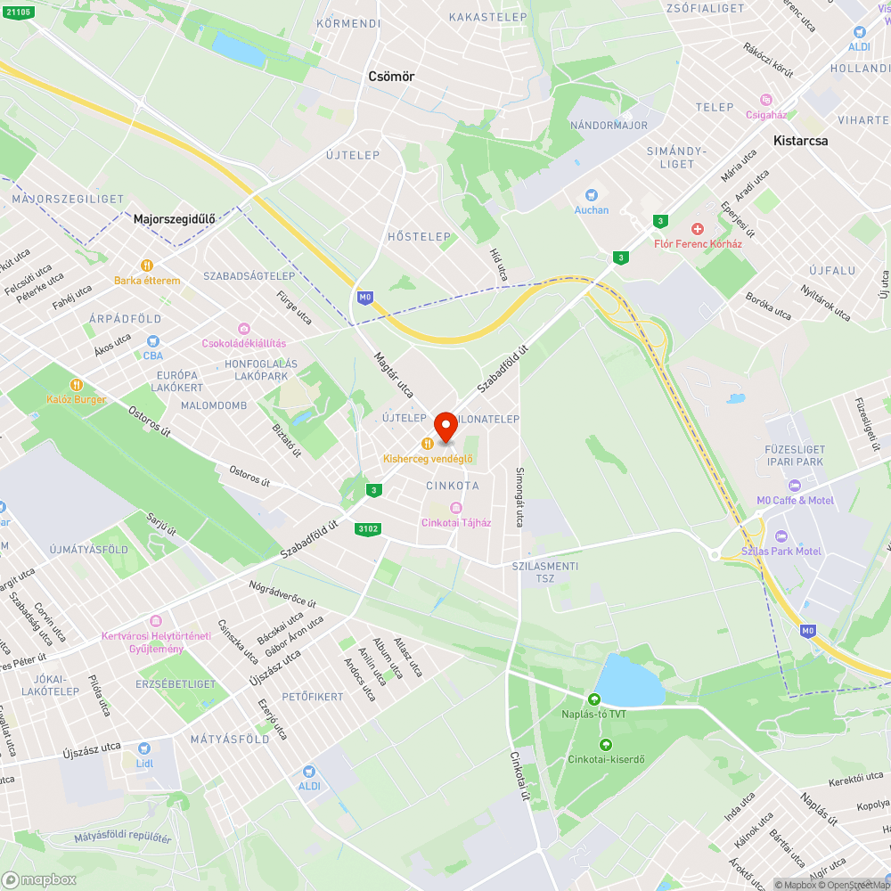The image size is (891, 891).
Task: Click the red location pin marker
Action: point(445,426)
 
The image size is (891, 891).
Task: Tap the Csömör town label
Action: point(391,77)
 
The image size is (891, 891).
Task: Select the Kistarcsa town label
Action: point(800,141)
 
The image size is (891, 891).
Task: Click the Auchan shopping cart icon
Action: point(591,195)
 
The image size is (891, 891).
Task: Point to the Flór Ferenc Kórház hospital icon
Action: point(699,229)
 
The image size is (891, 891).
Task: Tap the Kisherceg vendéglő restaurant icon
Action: point(428,444)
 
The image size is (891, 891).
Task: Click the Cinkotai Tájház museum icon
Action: point(455,508)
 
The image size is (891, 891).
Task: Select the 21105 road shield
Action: point(17,12)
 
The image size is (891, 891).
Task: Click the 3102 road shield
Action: point(367,529)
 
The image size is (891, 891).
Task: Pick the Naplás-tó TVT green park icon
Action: point(594,700)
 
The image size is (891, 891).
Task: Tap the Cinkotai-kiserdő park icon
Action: point(606,745)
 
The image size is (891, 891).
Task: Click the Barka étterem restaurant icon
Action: point(147,266)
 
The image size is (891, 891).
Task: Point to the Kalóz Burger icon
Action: point(77,385)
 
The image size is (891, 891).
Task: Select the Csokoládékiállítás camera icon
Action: point(243,329)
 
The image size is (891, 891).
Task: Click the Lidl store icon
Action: point(144,748)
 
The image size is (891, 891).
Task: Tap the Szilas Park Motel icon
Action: point(781,536)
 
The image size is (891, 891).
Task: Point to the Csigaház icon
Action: point(765,99)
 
